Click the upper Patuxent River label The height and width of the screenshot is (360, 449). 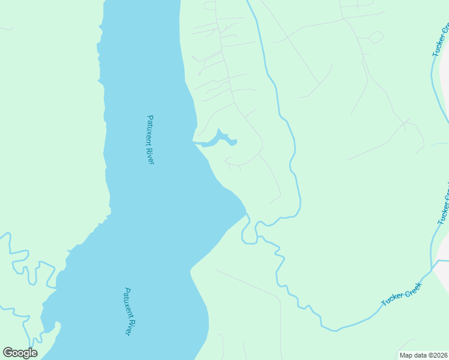click(x=150, y=140)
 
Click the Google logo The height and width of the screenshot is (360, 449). click(x=20, y=353)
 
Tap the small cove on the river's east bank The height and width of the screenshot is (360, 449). click(x=218, y=140)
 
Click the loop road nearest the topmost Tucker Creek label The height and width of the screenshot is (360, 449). click(x=376, y=37)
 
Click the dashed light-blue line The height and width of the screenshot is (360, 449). click(x=440, y=145)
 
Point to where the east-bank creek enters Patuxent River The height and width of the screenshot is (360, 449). click(x=245, y=214)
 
